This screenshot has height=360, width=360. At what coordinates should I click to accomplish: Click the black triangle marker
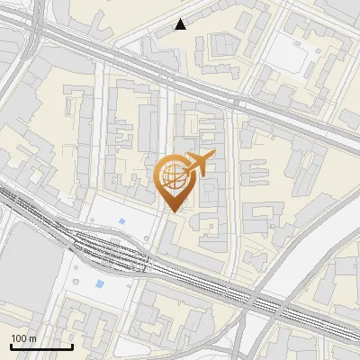tap(181, 24)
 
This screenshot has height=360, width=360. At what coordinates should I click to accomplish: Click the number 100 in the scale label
tap(19, 337)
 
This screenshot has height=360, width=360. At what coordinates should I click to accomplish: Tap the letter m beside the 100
tap(33, 337)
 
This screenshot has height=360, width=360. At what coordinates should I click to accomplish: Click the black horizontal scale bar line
tap(40, 346)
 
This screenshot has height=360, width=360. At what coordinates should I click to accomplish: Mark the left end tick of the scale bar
tap(11, 345)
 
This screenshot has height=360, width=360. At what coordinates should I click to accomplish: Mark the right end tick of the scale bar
tap(71, 345)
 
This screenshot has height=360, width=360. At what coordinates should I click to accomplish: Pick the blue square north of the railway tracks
tap(122, 220)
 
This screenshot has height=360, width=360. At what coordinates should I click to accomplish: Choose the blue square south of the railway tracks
tap(99, 284)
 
